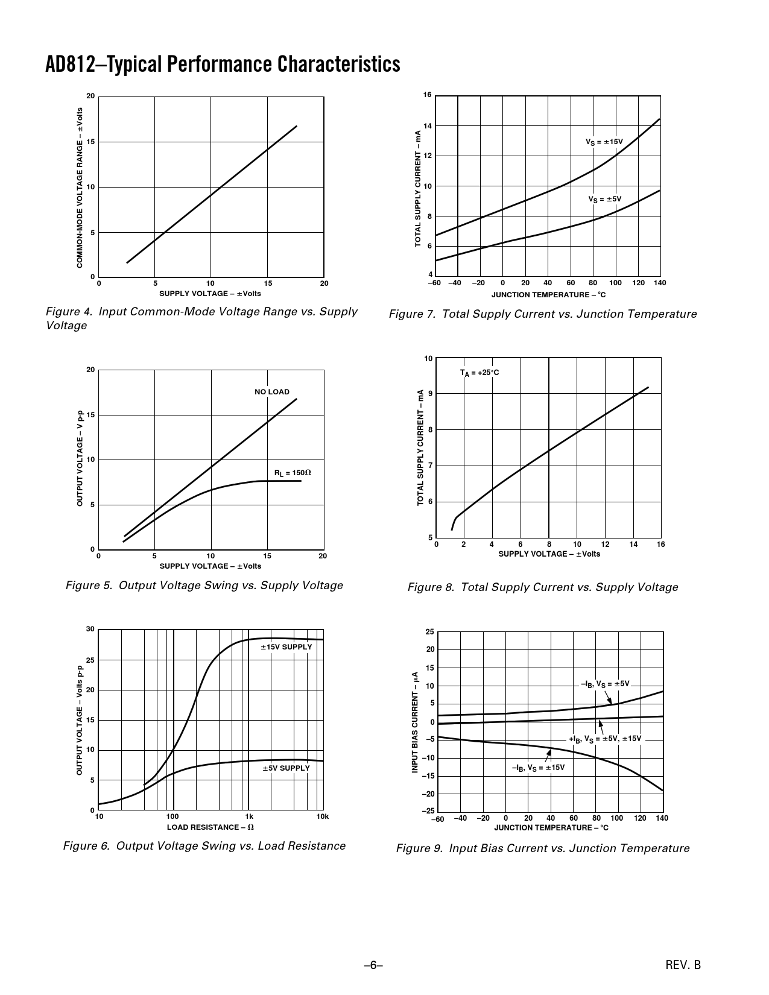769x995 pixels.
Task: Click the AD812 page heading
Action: tap(223, 64)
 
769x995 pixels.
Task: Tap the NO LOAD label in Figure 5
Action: tap(271, 392)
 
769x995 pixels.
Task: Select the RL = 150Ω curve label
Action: tap(293, 473)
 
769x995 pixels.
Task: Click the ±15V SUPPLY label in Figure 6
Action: tap(286, 647)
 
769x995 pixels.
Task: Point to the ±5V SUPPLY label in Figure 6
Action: tap(286, 768)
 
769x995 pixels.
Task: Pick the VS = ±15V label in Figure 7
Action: tap(604, 142)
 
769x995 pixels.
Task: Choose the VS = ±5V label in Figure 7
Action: tap(604, 199)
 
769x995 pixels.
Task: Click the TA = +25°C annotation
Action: tap(479, 373)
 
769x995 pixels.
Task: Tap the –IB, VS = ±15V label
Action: tap(538, 768)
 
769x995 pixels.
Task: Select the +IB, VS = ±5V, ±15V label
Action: tap(605, 739)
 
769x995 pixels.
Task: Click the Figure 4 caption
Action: tap(201, 318)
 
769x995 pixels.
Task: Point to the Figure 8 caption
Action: tap(543, 587)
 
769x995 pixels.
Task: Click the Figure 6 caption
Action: tap(204, 846)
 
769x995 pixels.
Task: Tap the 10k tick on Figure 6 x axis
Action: tap(323, 817)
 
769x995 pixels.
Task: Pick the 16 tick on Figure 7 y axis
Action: tap(428, 95)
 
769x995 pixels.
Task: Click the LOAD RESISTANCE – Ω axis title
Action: tap(210, 827)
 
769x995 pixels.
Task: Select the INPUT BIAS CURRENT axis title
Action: tap(415, 722)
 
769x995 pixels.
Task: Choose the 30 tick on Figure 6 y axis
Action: tap(90, 630)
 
